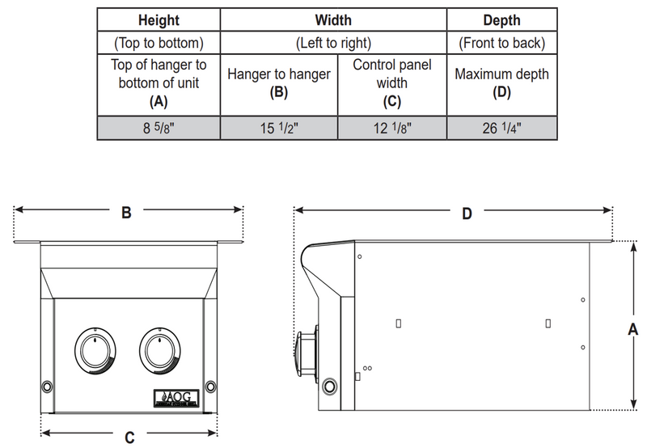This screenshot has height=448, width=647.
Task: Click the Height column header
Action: pyautogui.click(x=159, y=19)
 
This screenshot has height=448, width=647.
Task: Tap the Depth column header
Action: pyautogui.click(x=501, y=19)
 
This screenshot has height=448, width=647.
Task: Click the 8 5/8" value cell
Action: pyautogui.click(x=159, y=127)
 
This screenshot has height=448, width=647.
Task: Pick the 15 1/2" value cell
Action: pyautogui.click(x=279, y=127)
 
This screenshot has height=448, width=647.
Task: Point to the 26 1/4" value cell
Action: pyautogui.click(x=501, y=127)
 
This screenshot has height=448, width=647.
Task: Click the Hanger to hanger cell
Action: pyautogui.click(x=279, y=82)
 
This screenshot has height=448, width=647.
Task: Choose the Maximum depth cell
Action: pyautogui.click(x=501, y=82)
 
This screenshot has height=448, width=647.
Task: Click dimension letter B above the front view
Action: pyautogui.click(x=126, y=213)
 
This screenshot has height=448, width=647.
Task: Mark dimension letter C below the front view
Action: pyautogui.click(x=129, y=437)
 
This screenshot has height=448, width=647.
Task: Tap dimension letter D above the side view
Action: pyautogui.click(x=467, y=213)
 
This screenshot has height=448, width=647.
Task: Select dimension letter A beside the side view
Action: pyautogui.click(x=633, y=328)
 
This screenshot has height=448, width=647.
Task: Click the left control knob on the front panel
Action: pyautogui.click(x=95, y=351)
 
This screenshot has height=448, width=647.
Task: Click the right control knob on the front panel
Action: pyautogui.click(x=160, y=351)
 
